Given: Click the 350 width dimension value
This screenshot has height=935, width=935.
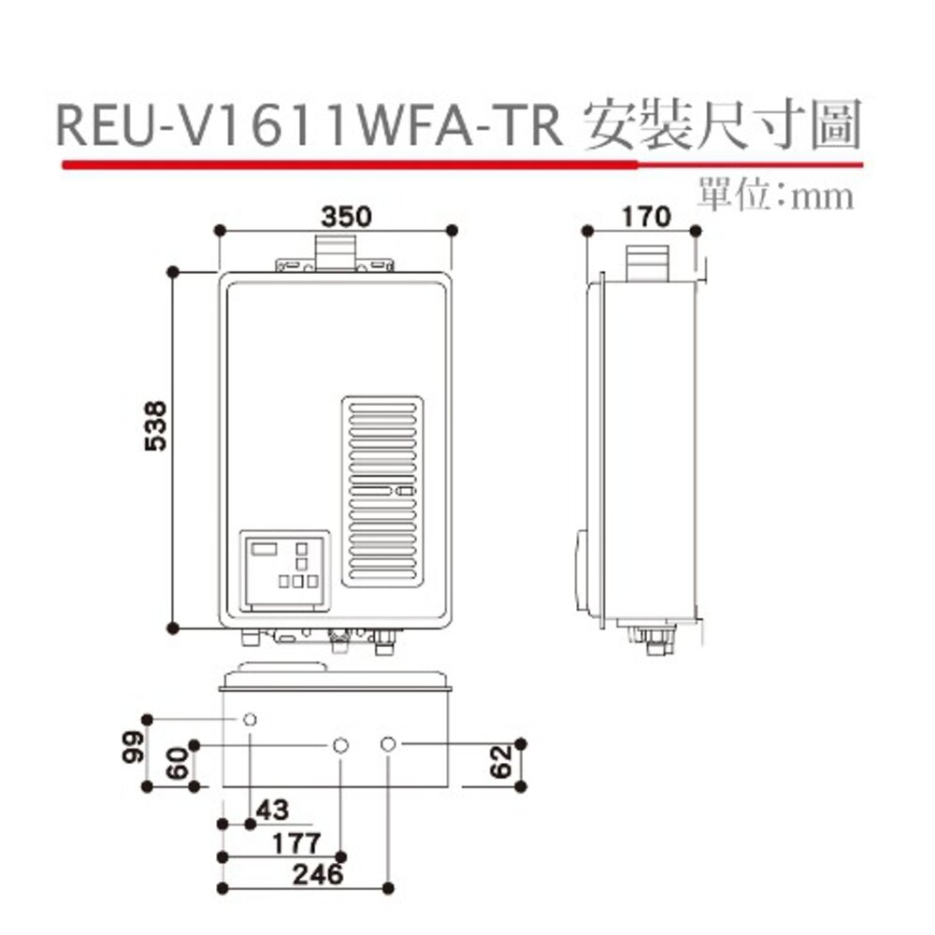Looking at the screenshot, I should pyautogui.click(x=347, y=216).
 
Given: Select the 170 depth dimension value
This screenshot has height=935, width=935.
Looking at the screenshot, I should pyautogui.click(x=645, y=216).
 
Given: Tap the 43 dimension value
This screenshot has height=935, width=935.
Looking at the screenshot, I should pyautogui.click(x=272, y=810).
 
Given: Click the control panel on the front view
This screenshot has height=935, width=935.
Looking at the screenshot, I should pyautogui.click(x=285, y=570).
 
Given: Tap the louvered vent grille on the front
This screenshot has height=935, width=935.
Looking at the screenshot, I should pyautogui.click(x=381, y=491).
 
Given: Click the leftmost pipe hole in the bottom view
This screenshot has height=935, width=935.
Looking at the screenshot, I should pyautogui.click(x=251, y=719).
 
